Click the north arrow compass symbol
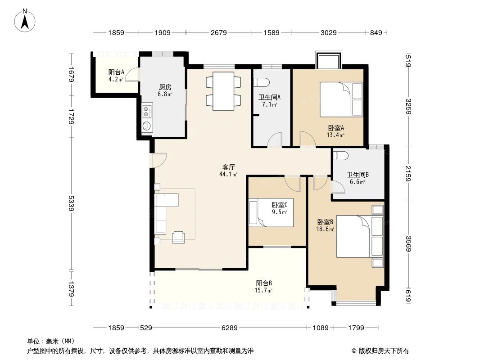(26, 20)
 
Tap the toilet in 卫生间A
(261, 82)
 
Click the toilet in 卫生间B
(340, 156)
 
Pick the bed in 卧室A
(341, 99)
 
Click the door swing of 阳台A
(131, 76)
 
